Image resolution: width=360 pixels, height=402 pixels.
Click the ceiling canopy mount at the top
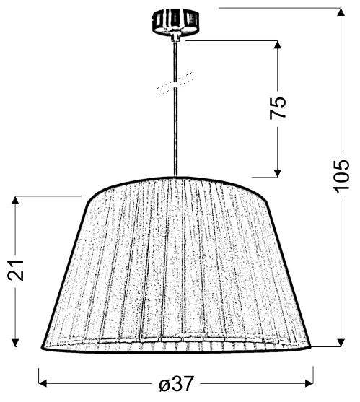pos(175,22)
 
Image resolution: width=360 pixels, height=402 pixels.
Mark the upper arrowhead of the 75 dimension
pos(277,45)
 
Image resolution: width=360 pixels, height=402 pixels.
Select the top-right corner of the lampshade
pos(265,198)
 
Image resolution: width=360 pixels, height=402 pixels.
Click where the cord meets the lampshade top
pos(175,178)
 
